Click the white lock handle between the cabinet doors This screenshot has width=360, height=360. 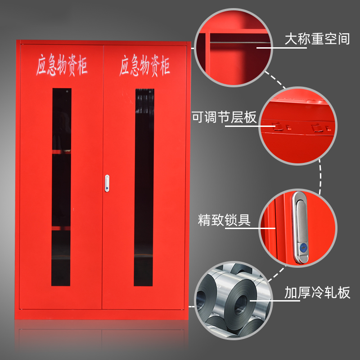pos(107,183)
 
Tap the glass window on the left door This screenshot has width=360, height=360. pos(61,187)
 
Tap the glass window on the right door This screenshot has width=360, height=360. pos(144,187)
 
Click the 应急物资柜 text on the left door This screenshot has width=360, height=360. pos(62,65)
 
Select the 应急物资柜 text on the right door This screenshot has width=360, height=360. pos(144,65)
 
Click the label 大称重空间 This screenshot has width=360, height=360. pos(317,39)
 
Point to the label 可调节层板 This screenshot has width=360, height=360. pos(224,117)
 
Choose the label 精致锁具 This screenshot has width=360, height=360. pos(224,220)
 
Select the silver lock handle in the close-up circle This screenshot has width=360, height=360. pos(300,228)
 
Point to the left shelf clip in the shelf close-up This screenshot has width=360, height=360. pos(278,126)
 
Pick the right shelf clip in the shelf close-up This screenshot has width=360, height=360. pos(317,128)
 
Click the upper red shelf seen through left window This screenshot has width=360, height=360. pos(61,152)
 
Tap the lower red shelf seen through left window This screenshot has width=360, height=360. pos(61,228)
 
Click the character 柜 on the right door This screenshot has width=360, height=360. pos(165,66)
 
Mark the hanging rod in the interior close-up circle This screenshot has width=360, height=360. pos(240,42)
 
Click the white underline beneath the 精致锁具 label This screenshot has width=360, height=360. pos(250,228)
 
